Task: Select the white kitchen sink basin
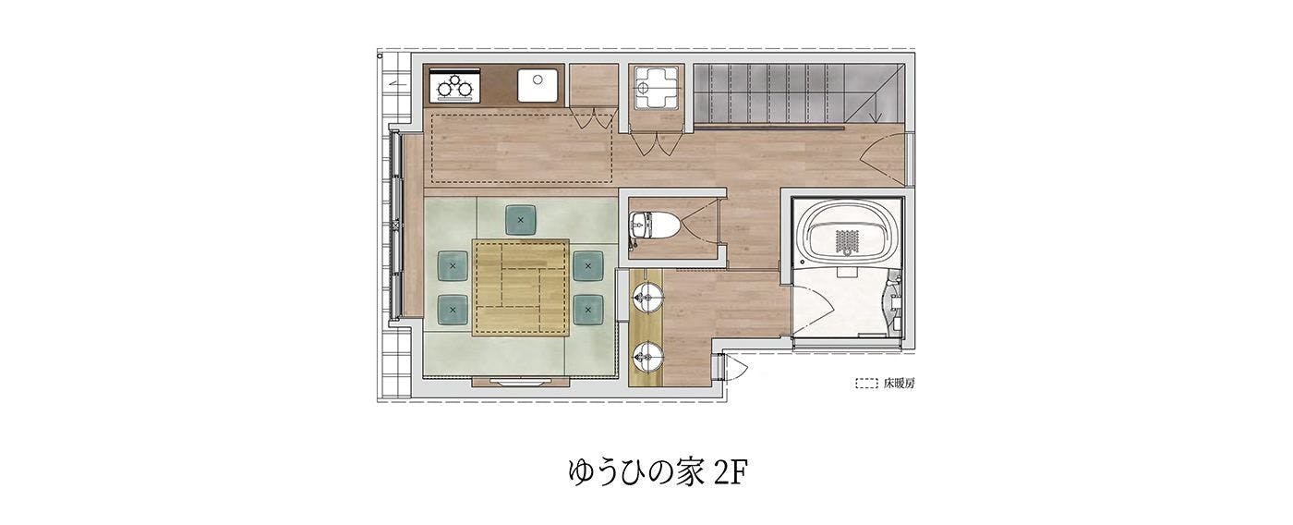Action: [538, 85]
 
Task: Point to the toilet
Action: [654, 226]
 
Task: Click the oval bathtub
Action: [848, 235]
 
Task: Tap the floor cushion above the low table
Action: [521, 220]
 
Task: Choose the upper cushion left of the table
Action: [453, 265]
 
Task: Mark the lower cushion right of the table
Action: [588, 310]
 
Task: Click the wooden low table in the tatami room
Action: [521, 287]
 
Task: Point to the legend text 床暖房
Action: [899, 383]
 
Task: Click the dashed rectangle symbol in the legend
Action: [866, 383]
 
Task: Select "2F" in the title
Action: [731, 472]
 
